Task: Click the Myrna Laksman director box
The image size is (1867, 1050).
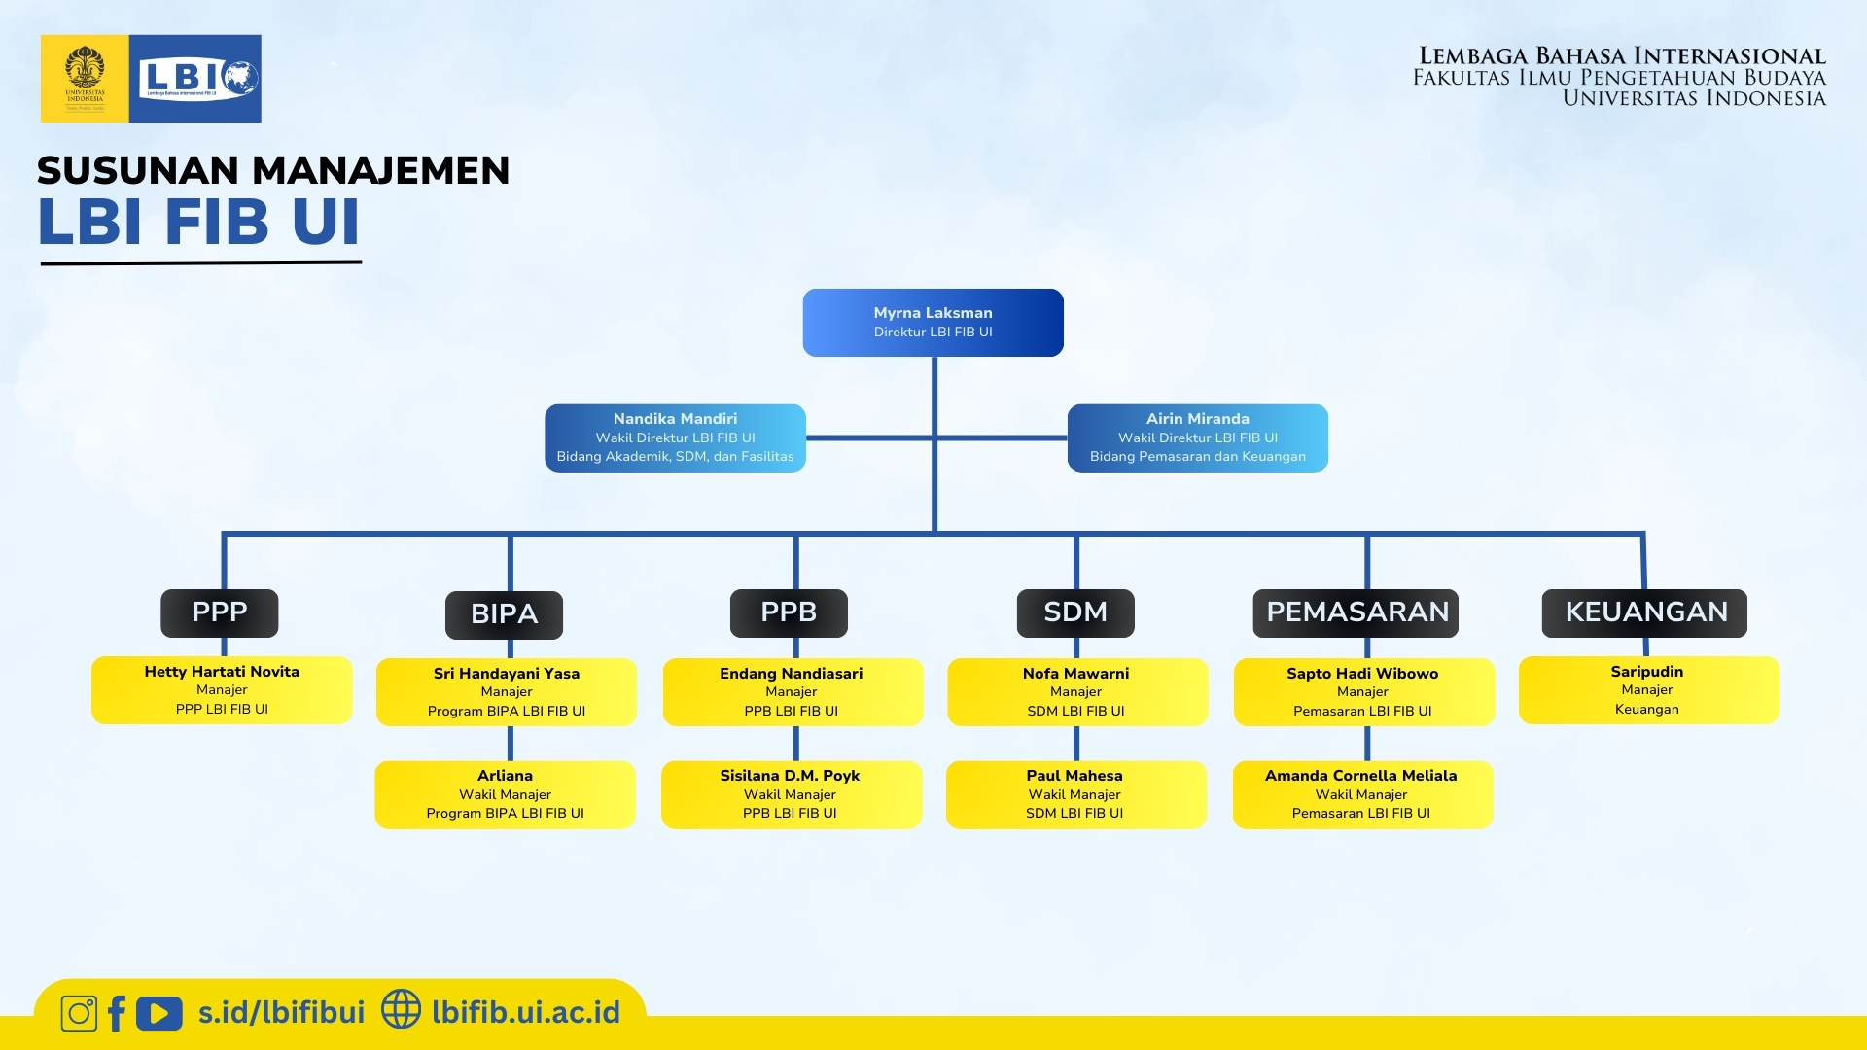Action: [x=933, y=323]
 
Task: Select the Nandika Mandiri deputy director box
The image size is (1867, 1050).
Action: [x=675, y=438]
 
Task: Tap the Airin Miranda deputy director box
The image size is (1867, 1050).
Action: [x=1197, y=438]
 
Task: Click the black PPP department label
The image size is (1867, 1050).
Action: [x=219, y=612]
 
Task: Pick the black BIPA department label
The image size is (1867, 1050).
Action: [x=504, y=614]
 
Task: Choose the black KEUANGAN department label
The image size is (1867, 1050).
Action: [x=1644, y=612]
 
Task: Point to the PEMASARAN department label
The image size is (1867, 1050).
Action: [x=1356, y=612]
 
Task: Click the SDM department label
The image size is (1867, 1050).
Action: [x=1075, y=612]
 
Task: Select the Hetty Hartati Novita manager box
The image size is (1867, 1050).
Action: [x=222, y=690]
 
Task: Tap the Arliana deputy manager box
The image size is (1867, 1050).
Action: [x=505, y=794]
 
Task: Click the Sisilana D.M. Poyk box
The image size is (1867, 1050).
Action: [x=791, y=794]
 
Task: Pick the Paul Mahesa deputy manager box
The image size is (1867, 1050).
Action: [x=1075, y=794]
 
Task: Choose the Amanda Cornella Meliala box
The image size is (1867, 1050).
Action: [x=1362, y=794]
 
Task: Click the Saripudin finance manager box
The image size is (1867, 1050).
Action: [x=1648, y=690]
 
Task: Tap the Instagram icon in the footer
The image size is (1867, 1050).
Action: [x=79, y=1013]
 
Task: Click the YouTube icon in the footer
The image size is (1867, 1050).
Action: [x=159, y=1013]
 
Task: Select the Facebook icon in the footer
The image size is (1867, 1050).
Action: [x=117, y=1013]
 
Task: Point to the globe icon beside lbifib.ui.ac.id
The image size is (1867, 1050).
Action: [x=401, y=1009]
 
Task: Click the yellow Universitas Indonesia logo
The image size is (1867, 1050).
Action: [x=85, y=79]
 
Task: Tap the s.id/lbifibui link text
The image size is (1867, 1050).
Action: [x=281, y=1013]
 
